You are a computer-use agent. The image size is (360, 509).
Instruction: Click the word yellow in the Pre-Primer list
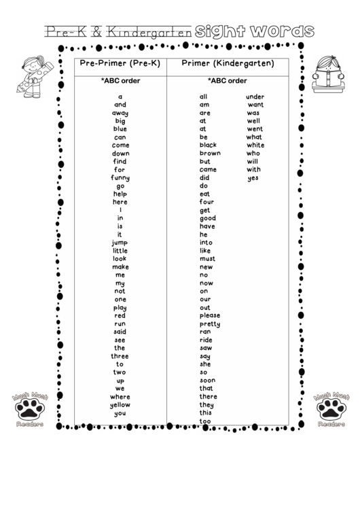(x=120, y=405)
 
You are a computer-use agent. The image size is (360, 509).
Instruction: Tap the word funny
(x=120, y=178)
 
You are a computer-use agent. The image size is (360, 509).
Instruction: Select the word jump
(x=120, y=243)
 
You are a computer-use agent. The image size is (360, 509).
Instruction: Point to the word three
(x=120, y=356)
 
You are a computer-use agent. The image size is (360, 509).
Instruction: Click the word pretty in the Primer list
(x=210, y=323)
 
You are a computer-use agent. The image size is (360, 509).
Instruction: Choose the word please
(x=210, y=315)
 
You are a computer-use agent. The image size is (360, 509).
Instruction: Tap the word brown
(x=210, y=154)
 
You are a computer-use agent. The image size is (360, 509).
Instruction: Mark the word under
(x=255, y=97)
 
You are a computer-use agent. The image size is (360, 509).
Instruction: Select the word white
(x=255, y=145)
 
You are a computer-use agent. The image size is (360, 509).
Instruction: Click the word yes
(x=253, y=178)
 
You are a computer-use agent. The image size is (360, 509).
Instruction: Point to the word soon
(x=208, y=381)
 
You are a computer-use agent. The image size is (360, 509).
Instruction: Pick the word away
(x=120, y=113)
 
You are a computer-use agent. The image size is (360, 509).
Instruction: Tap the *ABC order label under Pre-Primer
(x=120, y=80)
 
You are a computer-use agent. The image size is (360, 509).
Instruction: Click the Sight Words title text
(x=255, y=31)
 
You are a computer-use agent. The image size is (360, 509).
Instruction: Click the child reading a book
(x=328, y=73)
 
